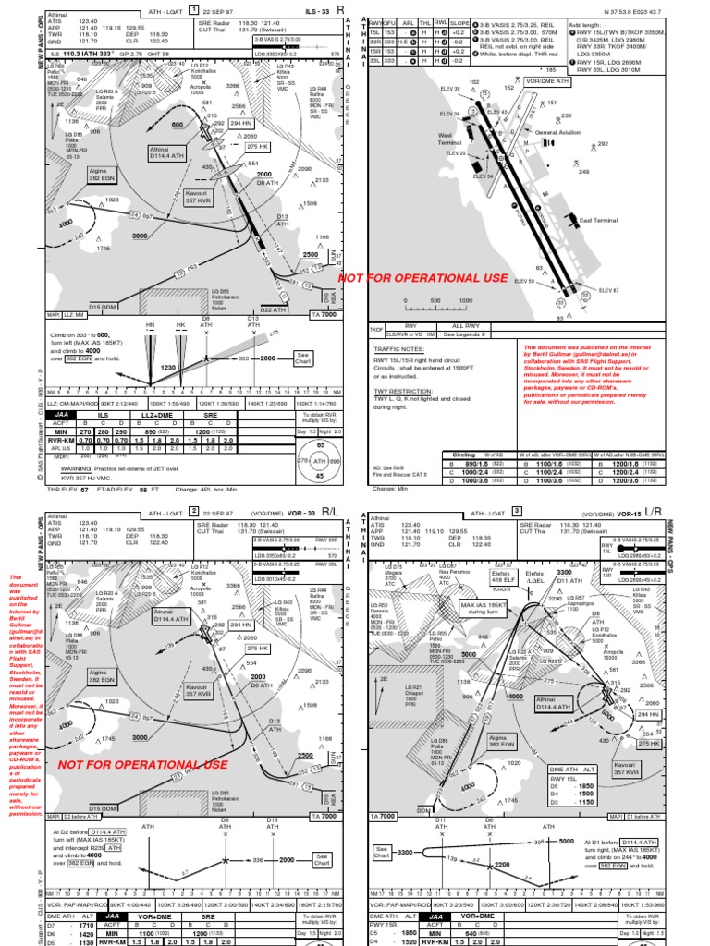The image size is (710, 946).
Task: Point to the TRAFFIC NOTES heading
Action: [x=397, y=350]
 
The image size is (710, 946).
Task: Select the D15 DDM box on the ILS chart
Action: [x=103, y=306]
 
